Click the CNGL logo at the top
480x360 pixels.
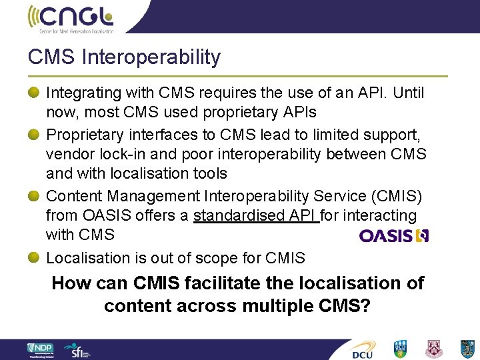[x=71, y=18]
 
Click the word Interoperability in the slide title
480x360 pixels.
[x=151, y=57]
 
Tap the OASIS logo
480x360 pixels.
[x=393, y=235]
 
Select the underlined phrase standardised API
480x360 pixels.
[x=256, y=216]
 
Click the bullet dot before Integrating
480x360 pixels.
[x=35, y=91]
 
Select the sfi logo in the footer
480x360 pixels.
[x=75, y=349]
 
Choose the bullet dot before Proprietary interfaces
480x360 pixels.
[x=35, y=133]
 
